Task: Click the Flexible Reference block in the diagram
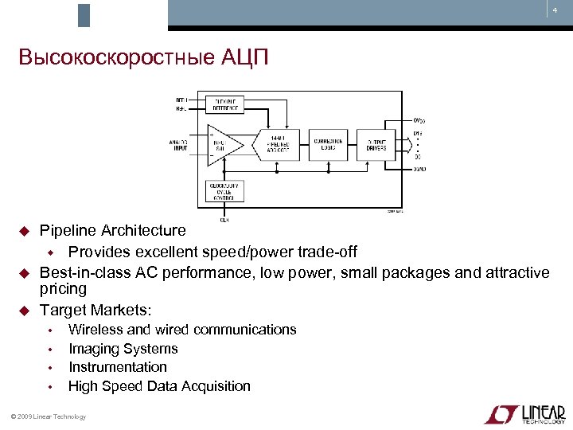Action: point(225,105)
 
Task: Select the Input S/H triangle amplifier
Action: point(220,144)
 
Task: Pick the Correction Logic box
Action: point(327,144)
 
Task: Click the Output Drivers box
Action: point(376,144)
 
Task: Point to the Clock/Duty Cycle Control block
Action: point(225,191)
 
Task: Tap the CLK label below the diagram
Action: point(224,219)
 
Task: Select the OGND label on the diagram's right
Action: point(419,169)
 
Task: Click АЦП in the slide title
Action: point(252,58)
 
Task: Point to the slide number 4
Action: point(555,10)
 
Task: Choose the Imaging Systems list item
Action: point(123,349)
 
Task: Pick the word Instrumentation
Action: point(117,367)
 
